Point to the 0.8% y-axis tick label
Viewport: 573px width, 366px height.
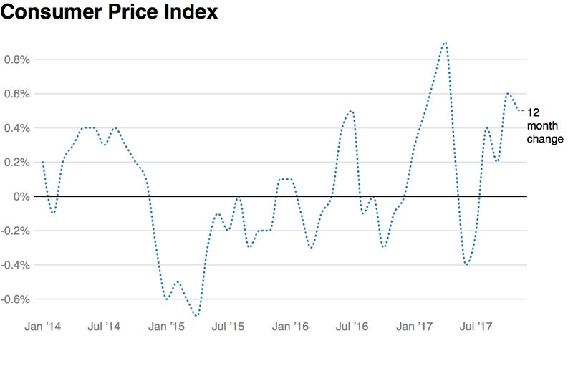click(16, 59)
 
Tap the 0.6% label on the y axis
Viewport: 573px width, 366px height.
click(16, 94)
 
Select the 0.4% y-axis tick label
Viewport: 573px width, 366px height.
click(16, 128)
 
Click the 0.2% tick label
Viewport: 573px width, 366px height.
click(16, 163)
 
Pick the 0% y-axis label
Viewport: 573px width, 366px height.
click(21, 196)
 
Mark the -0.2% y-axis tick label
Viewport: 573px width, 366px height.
click(14, 231)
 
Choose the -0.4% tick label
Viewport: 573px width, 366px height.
click(14, 265)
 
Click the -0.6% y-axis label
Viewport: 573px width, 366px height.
click(14, 299)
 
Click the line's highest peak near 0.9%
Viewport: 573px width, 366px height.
click(446, 43)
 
